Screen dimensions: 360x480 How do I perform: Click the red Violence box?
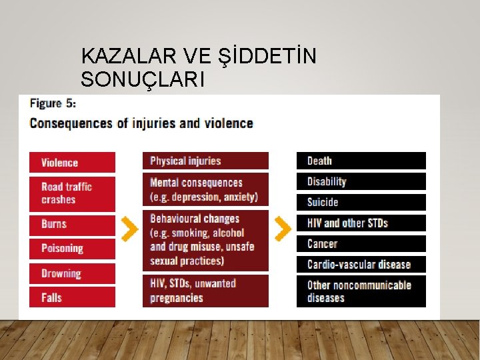pyautogui.click(x=72, y=163)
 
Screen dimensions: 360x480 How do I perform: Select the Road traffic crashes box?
pyautogui.click(x=72, y=193)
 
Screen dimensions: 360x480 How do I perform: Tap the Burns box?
pyautogui.click(x=72, y=225)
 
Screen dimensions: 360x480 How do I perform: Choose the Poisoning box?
pyautogui.click(x=72, y=249)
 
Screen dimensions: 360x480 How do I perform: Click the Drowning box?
pyautogui.click(x=72, y=273)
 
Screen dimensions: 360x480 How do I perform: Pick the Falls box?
pyautogui.click(x=72, y=297)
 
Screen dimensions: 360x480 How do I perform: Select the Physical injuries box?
pyautogui.click(x=205, y=161)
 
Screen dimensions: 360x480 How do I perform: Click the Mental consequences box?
pyautogui.click(x=205, y=189)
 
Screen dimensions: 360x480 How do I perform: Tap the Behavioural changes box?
pyautogui.click(x=205, y=240)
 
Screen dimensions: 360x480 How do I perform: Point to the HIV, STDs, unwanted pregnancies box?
pyautogui.click(x=205, y=291)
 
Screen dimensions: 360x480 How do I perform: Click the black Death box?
pyautogui.click(x=361, y=161)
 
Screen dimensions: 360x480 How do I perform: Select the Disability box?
pyautogui.click(x=361, y=181)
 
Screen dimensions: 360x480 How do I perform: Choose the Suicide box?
pyautogui.click(x=361, y=202)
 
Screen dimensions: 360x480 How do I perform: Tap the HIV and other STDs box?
pyautogui.click(x=361, y=223)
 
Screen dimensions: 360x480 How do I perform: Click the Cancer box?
pyautogui.click(x=361, y=244)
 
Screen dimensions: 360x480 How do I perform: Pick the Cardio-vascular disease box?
pyautogui.click(x=361, y=265)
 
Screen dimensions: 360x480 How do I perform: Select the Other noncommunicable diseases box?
pyautogui.click(x=361, y=291)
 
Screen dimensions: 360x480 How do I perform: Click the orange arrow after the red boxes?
pyautogui.click(x=130, y=229)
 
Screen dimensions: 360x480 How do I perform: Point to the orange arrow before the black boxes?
pyautogui.click(x=283, y=229)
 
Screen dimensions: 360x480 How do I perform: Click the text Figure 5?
pyautogui.click(x=53, y=104)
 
